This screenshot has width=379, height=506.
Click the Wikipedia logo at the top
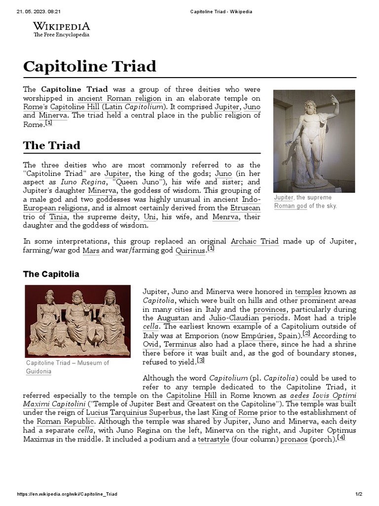pos(61,29)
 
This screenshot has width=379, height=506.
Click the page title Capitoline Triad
pos(89,66)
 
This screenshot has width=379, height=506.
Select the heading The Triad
pos(51,145)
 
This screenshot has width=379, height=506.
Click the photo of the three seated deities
pos(77,321)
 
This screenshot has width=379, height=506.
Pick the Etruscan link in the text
pos(246,208)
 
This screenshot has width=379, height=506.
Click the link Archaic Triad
pos(255,242)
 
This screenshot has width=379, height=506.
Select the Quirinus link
pos(190,251)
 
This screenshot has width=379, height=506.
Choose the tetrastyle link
pos(214,439)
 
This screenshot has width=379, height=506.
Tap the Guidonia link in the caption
pos(38,371)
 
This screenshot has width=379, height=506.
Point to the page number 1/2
pos(359,494)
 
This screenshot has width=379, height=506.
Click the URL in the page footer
pos(67,494)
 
